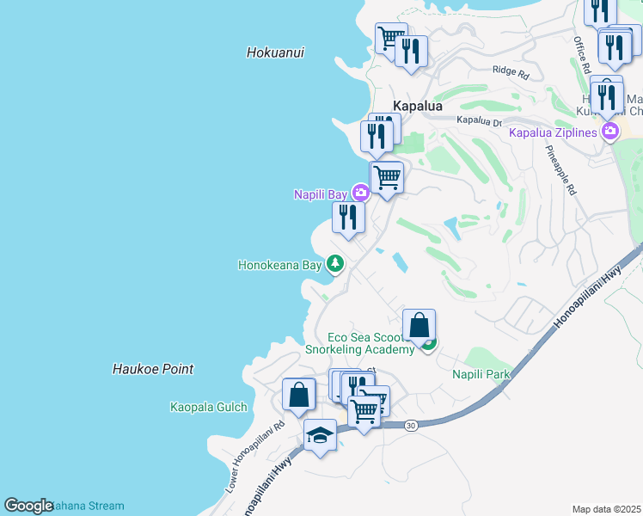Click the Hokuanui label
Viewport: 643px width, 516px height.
coord(275,52)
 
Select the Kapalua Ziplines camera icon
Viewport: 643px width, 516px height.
coord(611,132)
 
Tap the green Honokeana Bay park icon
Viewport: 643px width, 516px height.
coord(336,265)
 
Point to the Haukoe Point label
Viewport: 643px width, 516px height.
coord(153,369)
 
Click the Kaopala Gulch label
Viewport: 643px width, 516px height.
coord(209,407)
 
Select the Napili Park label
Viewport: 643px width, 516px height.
coord(481,374)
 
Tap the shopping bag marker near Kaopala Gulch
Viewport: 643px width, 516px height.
coord(298,395)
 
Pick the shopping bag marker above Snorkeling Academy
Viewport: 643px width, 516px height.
coord(419,325)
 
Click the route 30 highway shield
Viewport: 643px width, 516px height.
coord(411,425)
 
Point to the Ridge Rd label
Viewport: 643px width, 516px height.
coord(511,71)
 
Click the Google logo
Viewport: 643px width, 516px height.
coord(28,506)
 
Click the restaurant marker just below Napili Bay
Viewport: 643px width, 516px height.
coord(348,217)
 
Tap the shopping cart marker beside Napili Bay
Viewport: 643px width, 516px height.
coord(387,177)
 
